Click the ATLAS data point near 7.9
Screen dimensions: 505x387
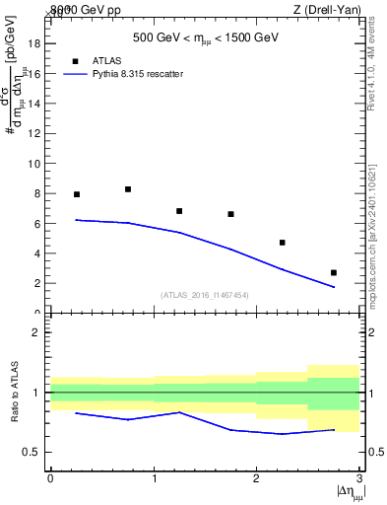pyautogui.click(x=77, y=194)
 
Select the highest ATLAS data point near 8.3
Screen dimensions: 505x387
pyautogui.click(x=128, y=189)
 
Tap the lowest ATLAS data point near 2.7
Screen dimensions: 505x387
pyautogui.click(x=334, y=272)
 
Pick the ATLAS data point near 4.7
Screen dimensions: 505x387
pyautogui.click(x=283, y=243)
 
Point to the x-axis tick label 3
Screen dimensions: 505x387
pyautogui.click(x=358, y=478)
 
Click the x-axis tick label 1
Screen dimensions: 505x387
pyautogui.click(x=154, y=478)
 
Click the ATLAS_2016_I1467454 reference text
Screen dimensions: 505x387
pyautogui.click(x=205, y=295)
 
